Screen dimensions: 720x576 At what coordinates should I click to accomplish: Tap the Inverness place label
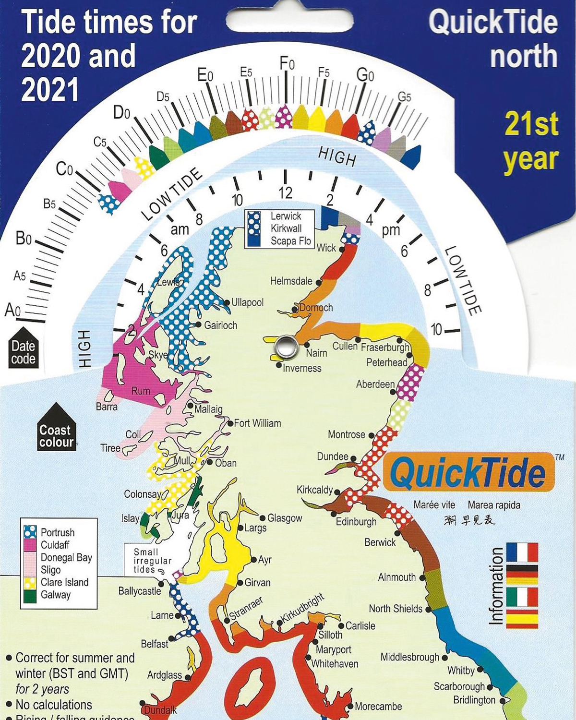(x=302, y=368)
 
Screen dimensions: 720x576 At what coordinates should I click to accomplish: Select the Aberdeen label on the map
(x=375, y=384)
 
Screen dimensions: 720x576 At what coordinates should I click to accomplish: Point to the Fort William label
(x=257, y=423)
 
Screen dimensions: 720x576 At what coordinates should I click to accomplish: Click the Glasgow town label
(x=285, y=518)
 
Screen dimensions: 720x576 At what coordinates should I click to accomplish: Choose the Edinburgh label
(x=356, y=521)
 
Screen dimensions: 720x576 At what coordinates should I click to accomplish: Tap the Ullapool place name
(x=247, y=302)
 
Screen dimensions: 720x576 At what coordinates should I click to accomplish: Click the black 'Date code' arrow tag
(x=23, y=349)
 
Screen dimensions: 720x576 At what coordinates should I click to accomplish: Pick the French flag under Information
(x=522, y=553)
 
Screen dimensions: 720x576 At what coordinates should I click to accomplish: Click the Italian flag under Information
(x=522, y=597)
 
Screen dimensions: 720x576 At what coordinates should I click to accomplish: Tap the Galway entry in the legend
(x=55, y=595)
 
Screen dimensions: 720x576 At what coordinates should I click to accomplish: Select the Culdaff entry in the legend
(x=55, y=545)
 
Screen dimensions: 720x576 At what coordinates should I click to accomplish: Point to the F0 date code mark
(x=287, y=64)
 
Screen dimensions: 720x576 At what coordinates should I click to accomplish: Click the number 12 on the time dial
(x=285, y=193)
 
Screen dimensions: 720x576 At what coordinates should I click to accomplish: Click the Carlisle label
(x=360, y=625)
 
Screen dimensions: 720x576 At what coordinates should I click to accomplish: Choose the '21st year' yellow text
(x=531, y=142)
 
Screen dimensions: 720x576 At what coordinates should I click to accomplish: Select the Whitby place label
(x=461, y=670)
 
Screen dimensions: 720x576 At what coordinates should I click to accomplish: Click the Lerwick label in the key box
(x=286, y=216)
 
